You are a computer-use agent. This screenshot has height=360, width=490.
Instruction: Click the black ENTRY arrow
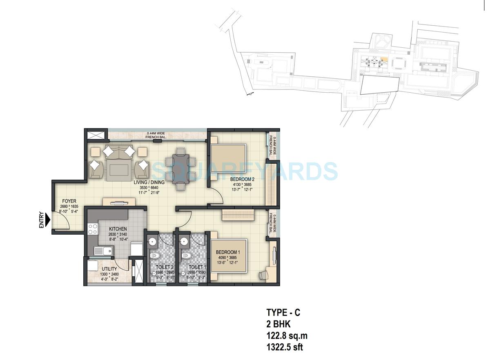47,220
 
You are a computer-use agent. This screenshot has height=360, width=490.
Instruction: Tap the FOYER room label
69,201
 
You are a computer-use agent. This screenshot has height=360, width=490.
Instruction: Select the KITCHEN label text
118,229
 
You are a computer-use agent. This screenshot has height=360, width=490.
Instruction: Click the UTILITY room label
109,269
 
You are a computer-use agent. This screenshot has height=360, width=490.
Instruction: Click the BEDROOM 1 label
228,253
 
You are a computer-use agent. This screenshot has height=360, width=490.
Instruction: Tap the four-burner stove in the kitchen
93,229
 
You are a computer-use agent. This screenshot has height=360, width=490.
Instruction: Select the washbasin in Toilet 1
185,242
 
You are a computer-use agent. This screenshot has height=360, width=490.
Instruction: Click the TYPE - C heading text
283,313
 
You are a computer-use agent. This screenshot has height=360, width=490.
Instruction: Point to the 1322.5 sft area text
284,347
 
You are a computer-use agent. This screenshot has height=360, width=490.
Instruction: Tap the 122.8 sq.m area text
287,336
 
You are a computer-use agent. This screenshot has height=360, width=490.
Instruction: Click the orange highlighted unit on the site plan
383,59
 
